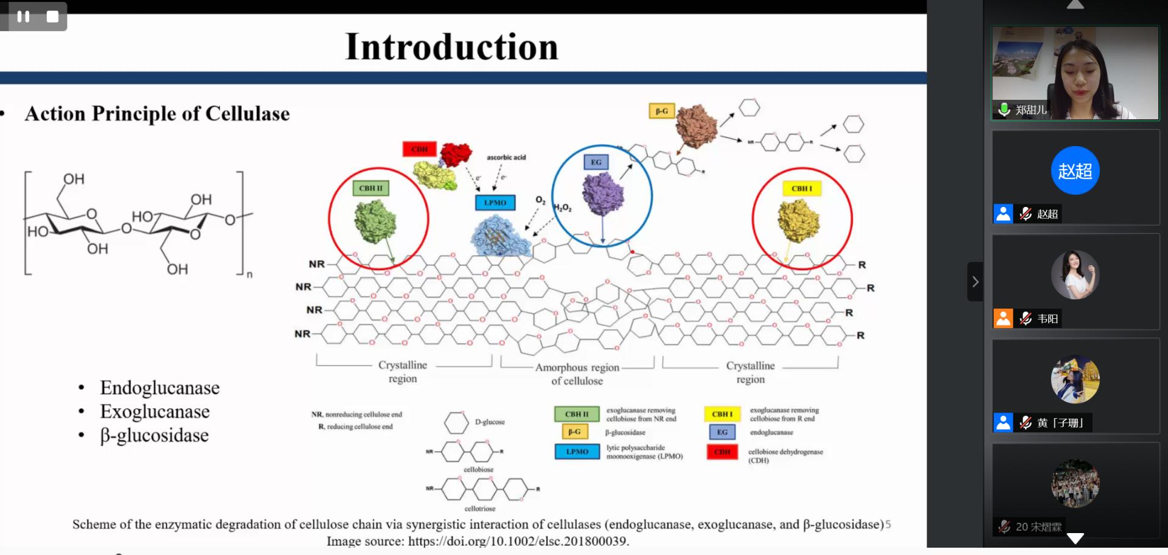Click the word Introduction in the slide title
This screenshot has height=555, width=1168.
[451, 47]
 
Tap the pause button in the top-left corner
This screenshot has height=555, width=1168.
[23, 16]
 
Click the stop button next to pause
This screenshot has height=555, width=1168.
[53, 16]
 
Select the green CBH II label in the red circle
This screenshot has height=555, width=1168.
[370, 188]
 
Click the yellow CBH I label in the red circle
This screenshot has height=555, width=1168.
[801, 189]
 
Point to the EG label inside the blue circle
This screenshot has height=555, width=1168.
[596, 162]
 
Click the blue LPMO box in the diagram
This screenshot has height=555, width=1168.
[495, 203]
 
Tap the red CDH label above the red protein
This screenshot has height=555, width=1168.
[419, 149]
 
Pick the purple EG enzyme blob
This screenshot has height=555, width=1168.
[602, 194]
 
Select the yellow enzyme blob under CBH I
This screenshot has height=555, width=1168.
[798, 220]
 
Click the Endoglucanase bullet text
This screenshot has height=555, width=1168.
[159, 388]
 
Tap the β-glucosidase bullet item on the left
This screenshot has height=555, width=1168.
[154, 435]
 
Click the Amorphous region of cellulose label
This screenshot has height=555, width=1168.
[577, 374]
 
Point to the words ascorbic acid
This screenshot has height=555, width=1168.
[506, 157]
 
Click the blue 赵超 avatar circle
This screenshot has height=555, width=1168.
[1075, 170]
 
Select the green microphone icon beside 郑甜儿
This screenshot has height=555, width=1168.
[1004, 110]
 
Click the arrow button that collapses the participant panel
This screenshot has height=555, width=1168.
[975, 282]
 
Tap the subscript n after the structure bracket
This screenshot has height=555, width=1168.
[249, 275]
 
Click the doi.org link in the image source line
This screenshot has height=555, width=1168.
[518, 541]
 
